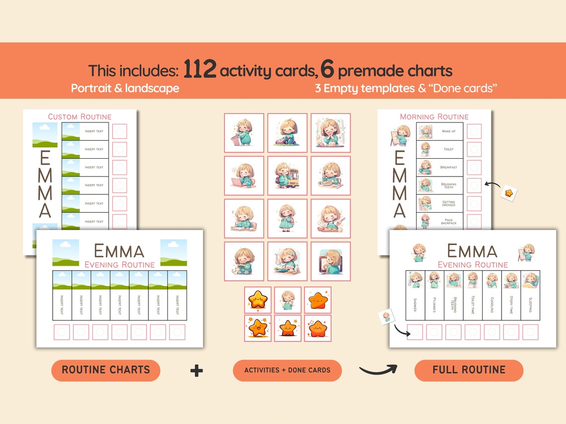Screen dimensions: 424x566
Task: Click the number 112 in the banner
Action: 200,70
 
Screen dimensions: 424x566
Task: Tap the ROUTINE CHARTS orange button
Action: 106,370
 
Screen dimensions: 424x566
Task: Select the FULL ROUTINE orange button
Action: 469,370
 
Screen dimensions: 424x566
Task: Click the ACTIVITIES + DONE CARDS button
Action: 287,370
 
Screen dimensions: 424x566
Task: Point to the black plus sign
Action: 197,370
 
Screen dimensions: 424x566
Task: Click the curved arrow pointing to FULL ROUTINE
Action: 378,369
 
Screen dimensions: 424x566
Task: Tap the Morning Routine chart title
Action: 434,117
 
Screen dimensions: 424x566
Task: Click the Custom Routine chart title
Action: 79,117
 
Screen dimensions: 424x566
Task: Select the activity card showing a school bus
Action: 287,176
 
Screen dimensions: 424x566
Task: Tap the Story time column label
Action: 511,304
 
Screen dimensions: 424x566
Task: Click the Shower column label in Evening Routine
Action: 415,304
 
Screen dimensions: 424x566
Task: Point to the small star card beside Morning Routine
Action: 508,192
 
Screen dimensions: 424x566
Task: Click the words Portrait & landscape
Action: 125,88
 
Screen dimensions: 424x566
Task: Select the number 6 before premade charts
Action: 327,70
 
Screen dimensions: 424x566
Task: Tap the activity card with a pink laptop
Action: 244,176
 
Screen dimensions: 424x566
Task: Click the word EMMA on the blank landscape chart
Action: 119,251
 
